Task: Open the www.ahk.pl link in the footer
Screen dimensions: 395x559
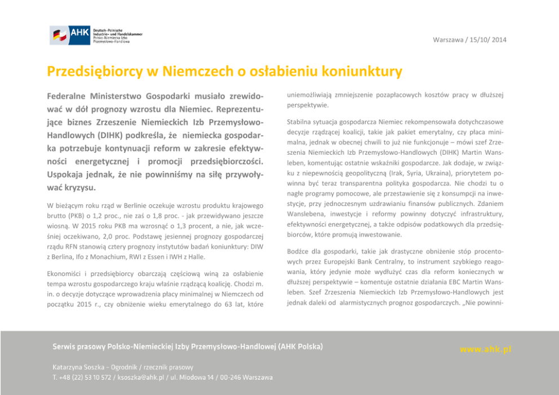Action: tap(485, 349)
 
